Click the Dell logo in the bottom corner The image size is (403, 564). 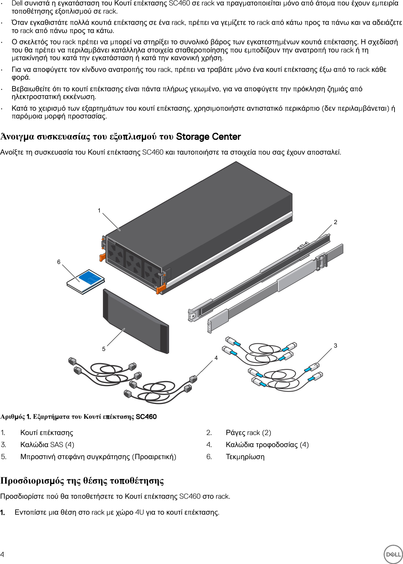[393, 554]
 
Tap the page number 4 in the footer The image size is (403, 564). [3, 554]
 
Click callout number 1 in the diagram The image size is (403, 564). [99, 211]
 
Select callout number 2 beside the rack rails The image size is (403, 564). [335, 222]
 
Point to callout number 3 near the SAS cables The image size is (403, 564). [335, 345]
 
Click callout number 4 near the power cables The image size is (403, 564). [216, 358]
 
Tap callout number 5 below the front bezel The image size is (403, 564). [104, 349]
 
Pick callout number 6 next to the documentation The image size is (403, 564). [59, 262]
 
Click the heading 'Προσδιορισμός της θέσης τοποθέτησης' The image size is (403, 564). [82, 481]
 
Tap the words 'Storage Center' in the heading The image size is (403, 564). [208, 137]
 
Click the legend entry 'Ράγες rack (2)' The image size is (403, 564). [248, 433]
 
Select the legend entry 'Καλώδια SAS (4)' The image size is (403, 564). [47, 445]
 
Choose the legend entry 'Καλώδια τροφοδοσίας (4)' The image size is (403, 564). [267, 445]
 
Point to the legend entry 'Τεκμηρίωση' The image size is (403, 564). [245, 457]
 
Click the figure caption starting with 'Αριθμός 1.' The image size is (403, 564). [78, 417]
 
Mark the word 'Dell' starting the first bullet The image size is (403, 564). [17, 3]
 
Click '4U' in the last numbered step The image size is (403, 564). [139, 512]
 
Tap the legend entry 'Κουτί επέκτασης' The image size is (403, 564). [47, 433]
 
